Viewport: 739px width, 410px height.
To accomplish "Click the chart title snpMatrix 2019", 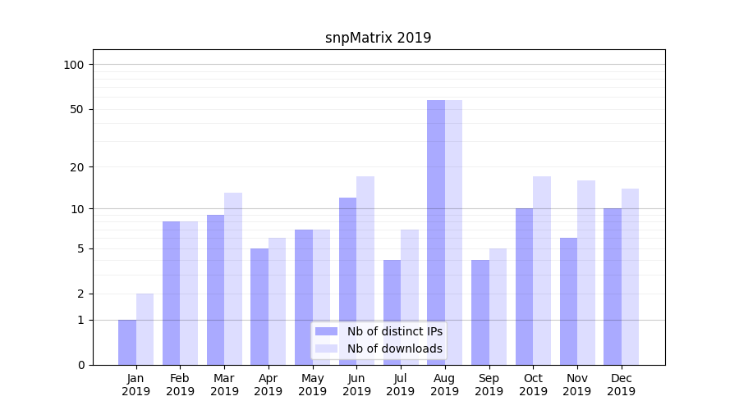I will [378, 38].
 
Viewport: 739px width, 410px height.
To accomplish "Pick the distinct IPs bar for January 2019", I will [127, 342].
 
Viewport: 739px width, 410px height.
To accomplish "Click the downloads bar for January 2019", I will [145, 329].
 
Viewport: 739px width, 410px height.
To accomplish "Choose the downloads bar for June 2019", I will [365, 271].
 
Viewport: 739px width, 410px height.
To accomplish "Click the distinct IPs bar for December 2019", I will [613, 286].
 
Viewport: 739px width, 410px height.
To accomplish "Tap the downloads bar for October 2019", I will [542, 271].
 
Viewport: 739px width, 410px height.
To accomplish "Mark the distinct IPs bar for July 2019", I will [392, 312].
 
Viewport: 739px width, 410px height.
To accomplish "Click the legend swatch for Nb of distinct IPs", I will [327, 331].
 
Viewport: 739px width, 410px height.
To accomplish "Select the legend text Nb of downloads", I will [395, 348].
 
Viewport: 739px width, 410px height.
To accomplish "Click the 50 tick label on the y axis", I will [77, 109].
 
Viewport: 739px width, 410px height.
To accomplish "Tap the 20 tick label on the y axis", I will [77, 167].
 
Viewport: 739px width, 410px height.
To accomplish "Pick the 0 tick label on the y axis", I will [80, 365].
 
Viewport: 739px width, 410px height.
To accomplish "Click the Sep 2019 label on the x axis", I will [489, 385].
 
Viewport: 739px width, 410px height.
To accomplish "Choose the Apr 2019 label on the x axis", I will [269, 385].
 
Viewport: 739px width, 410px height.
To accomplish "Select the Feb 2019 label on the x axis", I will [180, 385].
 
